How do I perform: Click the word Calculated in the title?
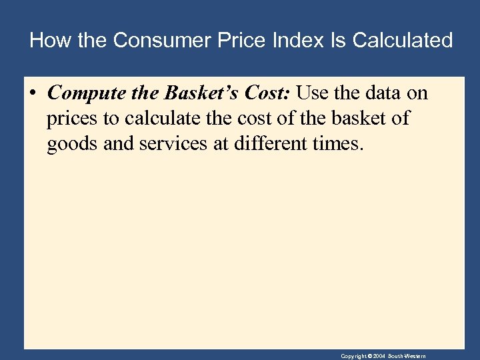(403, 41)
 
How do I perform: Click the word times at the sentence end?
(341, 145)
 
